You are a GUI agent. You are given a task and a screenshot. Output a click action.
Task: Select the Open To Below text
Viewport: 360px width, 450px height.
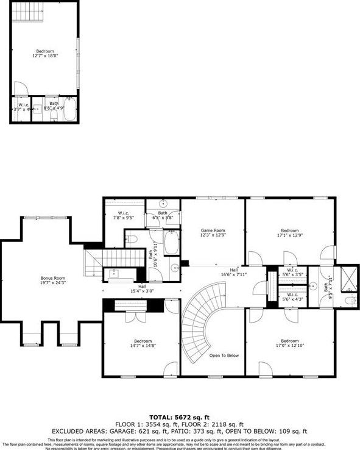pos(224,355)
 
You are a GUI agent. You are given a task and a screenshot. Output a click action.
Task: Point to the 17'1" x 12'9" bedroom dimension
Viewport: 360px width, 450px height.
pos(290,235)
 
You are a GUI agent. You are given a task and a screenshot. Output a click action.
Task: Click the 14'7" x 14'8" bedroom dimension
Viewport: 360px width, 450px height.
pos(142,345)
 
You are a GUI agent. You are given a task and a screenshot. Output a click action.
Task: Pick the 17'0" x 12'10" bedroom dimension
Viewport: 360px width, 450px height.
pos(290,345)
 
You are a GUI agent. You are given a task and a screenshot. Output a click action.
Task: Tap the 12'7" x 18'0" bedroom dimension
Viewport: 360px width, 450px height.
pos(44,55)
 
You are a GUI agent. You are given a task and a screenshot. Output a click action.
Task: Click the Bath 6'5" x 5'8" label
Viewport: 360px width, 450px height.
pos(163,214)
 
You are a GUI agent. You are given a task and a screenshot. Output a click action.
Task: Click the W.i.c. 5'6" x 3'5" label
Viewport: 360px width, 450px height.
pos(292,273)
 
